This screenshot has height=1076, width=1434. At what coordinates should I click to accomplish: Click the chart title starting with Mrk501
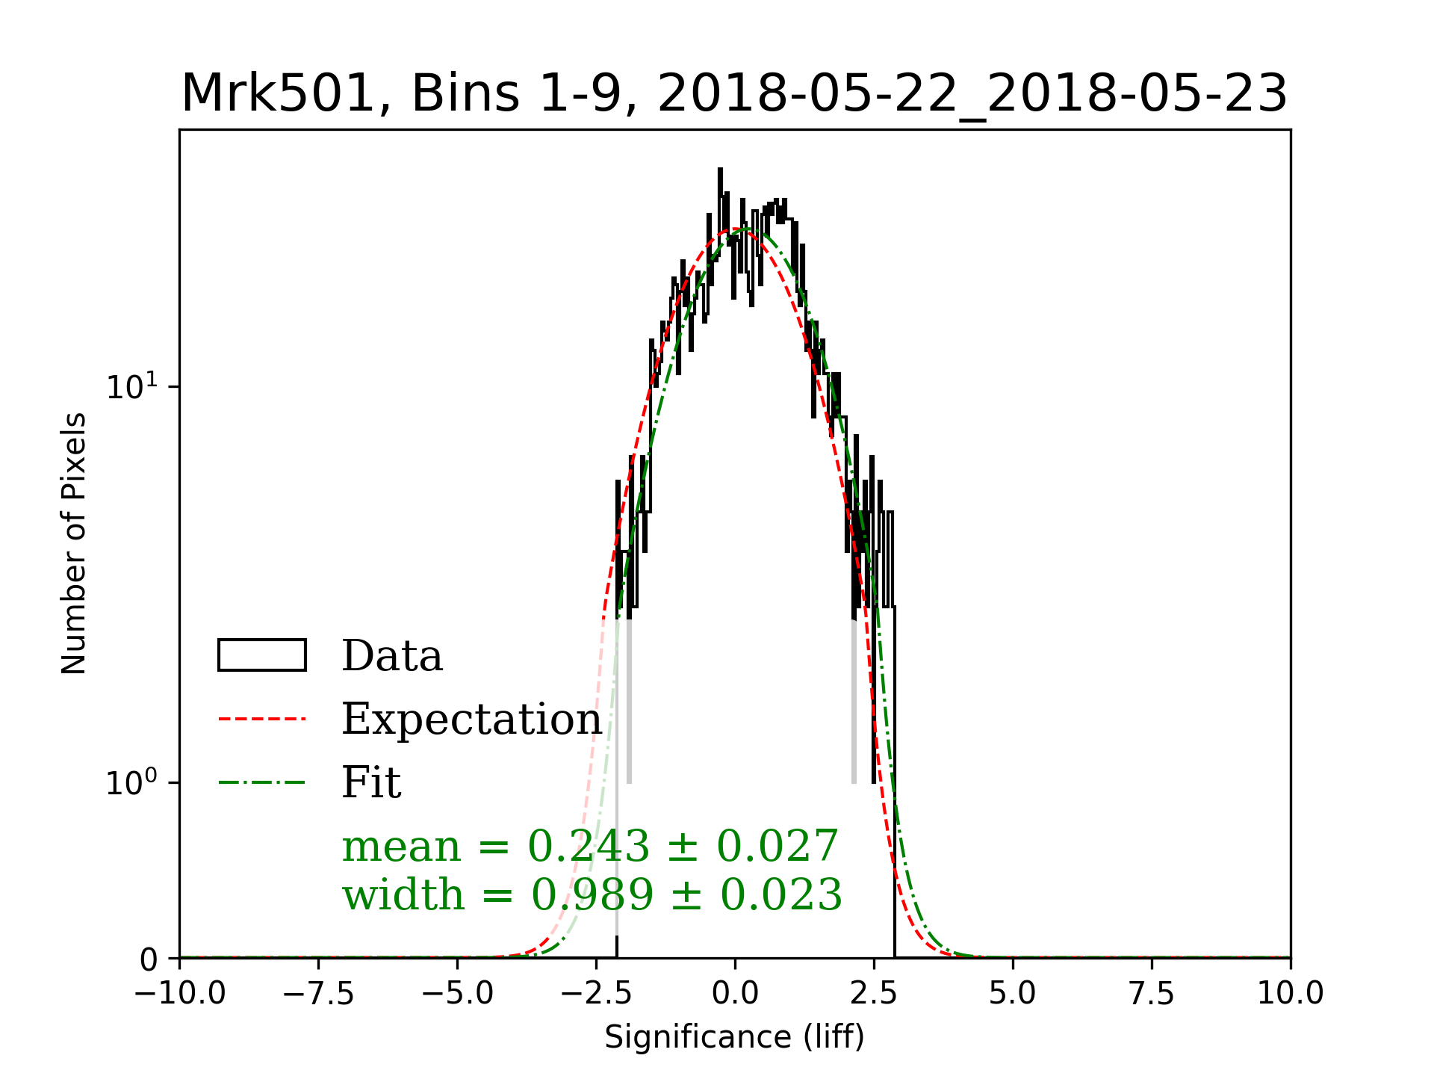[734, 94]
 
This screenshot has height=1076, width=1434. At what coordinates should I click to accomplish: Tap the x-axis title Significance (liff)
[734, 1037]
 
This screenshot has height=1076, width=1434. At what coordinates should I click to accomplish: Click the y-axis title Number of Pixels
[74, 543]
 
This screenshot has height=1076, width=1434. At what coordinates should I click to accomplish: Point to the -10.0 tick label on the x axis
[180, 994]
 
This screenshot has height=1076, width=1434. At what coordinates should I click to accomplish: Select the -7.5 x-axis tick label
[319, 994]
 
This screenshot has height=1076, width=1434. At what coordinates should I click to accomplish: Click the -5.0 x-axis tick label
[458, 994]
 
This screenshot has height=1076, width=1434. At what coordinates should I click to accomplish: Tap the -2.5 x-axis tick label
[597, 994]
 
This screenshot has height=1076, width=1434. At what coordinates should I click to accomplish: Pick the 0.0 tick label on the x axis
[735, 994]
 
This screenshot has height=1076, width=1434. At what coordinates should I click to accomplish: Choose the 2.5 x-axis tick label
[874, 994]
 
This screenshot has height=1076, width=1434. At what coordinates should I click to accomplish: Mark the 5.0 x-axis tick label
[1013, 994]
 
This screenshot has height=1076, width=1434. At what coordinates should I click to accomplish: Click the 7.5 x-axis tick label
[1152, 994]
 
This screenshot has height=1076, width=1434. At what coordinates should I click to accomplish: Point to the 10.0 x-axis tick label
[1290, 994]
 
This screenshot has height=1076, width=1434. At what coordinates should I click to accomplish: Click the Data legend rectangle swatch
[261, 655]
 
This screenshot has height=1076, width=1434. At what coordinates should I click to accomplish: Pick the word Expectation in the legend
[471, 719]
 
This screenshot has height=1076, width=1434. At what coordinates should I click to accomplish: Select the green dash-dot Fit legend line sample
[261, 782]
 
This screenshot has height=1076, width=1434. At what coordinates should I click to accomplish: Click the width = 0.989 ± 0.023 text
[592, 894]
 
